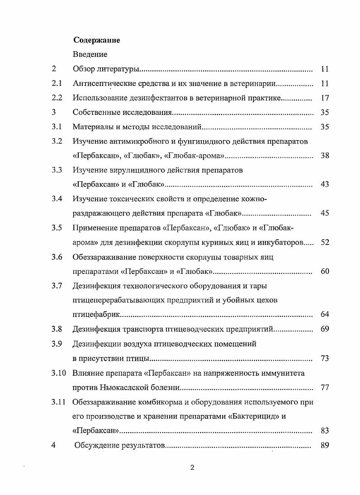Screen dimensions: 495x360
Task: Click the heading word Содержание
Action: [x=96, y=40]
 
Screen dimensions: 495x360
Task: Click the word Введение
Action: [x=90, y=55]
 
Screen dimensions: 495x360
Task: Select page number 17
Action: [x=324, y=98]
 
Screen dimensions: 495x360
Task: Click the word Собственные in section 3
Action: [x=94, y=113]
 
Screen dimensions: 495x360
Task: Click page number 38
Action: [x=324, y=156]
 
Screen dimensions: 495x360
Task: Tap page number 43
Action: [x=324, y=185]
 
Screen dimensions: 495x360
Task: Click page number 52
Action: [x=324, y=242]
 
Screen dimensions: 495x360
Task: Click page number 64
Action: [x=324, y=315]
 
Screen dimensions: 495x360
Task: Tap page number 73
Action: [x=324, y=358]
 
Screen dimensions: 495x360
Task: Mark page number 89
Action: [x=324, y=445]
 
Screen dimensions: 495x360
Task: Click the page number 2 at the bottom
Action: [x=192, y=468]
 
